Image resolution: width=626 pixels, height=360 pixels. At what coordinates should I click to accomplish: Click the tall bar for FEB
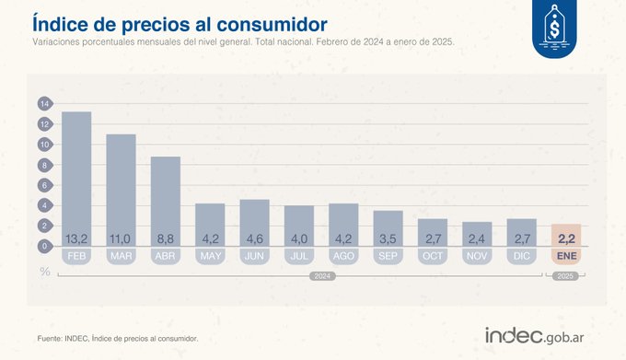[x=76, y=175]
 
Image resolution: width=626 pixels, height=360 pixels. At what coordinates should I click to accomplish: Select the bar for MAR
[x=121, y=184]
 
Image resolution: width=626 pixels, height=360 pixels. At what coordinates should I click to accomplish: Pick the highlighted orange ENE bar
[x=566, y=235]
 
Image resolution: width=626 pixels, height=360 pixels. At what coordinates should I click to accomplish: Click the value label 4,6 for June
[x=255, y=239]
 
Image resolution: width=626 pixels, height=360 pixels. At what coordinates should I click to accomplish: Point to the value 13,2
[x=76, y=239]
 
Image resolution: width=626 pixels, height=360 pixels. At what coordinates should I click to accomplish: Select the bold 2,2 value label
[x=566, y=239]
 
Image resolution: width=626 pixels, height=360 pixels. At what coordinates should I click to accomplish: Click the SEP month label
[x=388, y=255]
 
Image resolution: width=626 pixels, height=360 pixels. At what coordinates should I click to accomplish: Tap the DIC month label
[x=522, y=255]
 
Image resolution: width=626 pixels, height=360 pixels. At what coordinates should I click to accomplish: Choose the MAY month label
[x=210, y=255]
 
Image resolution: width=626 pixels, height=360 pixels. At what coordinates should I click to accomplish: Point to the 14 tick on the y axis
[x=42, y=103]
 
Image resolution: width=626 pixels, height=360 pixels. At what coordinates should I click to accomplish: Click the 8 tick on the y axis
[x=42, y=165]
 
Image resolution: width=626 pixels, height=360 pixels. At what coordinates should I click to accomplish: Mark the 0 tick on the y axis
[x=42, y=246]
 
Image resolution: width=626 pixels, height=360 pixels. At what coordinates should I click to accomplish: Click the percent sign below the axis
[x=44, y=271]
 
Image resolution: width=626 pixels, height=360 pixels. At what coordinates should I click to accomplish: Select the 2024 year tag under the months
[x=321, y=275]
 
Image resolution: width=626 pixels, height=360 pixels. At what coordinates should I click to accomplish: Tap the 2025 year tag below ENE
[x=566, y=275]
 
